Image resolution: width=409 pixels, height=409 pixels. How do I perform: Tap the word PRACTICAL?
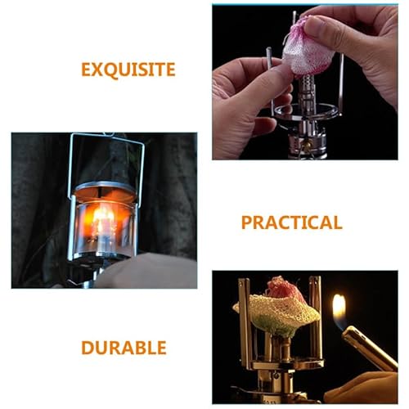coord(290,222)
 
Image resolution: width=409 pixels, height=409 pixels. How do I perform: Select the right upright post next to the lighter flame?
coord(317,319)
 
